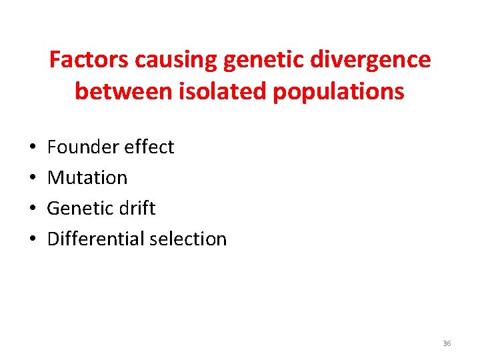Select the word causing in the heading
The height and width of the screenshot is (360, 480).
coord(176,60)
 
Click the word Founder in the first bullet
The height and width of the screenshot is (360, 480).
coord(81,147)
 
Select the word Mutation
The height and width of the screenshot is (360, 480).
coord(87,177)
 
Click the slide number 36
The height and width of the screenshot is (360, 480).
coord(447,343)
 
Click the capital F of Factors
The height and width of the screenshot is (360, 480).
coord(55,60)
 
